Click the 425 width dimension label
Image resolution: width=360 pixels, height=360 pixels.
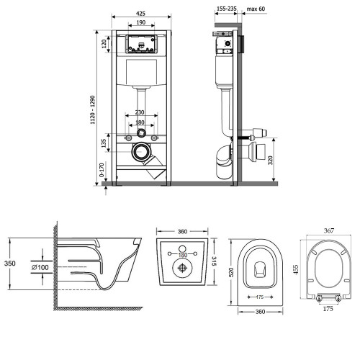(x=140, y=14)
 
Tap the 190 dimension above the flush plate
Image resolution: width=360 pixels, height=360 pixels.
(x=141, y=22)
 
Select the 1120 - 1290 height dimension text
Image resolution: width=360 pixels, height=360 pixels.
(x=93, y=110)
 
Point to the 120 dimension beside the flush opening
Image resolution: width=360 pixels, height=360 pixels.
(x=104, y=44)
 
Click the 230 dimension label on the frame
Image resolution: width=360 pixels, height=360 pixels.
(x=140, y=112)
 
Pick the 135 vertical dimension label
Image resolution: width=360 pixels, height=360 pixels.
(x=104, y=143)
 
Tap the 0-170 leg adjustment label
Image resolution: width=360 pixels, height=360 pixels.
(x=102, y=170)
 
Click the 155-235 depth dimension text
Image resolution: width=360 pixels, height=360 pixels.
(x=227, y=9)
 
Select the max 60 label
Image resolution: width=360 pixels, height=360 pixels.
(x=256, y=9)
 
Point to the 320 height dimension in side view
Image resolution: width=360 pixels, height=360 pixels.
(x=271, y=160)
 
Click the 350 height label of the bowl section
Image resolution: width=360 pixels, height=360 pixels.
(x=10, y=264)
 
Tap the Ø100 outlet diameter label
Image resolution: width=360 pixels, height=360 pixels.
(x=40, y=267)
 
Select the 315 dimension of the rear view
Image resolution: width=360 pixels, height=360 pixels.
(x=214, y=261)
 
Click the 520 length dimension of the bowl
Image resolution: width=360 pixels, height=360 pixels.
(x=231, y=272)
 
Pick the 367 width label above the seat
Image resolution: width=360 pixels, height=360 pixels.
(x=329, y=230)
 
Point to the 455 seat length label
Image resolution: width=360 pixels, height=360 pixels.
(x=296, y=269)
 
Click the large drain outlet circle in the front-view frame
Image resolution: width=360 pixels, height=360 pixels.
(x=141, y=152)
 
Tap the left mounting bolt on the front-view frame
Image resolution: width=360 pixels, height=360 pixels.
(x=128, y=138)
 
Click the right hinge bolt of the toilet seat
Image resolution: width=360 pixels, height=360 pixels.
(x=338, y=299)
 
